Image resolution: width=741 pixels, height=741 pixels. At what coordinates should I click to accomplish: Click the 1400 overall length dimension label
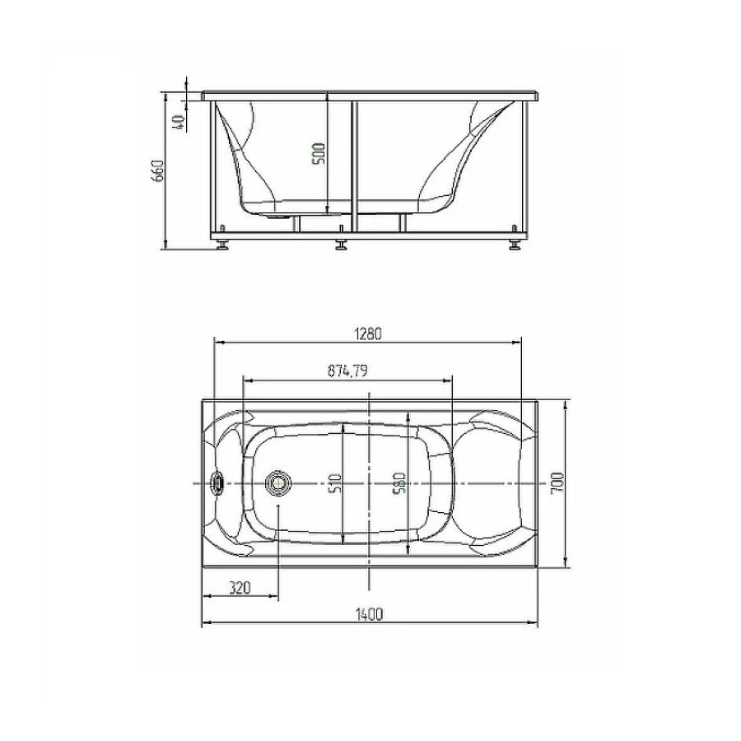pyautogui.click(x=369, y=614)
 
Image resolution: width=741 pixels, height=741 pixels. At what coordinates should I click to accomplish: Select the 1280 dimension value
pyautogui.click(x=368, y=333)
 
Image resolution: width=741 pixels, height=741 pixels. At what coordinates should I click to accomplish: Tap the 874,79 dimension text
pyautogui.click(x=347, y=371)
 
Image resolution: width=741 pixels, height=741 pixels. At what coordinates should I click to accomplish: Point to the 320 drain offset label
pyautogui.click(x=240, y=589)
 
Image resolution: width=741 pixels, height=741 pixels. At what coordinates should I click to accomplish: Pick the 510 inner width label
pyautogui.click(x=336, y=483)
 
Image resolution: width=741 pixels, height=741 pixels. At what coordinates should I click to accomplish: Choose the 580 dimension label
pyautogui.click(x=399, y=483)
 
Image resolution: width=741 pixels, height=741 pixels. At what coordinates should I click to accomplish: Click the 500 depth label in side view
pyautogui.click(x=319, y=154)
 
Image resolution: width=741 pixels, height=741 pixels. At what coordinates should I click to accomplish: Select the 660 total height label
pyautogui.click(x=157, y=170)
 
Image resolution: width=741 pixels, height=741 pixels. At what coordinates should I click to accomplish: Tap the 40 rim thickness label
pyautogui.click(x=179, y=122)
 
